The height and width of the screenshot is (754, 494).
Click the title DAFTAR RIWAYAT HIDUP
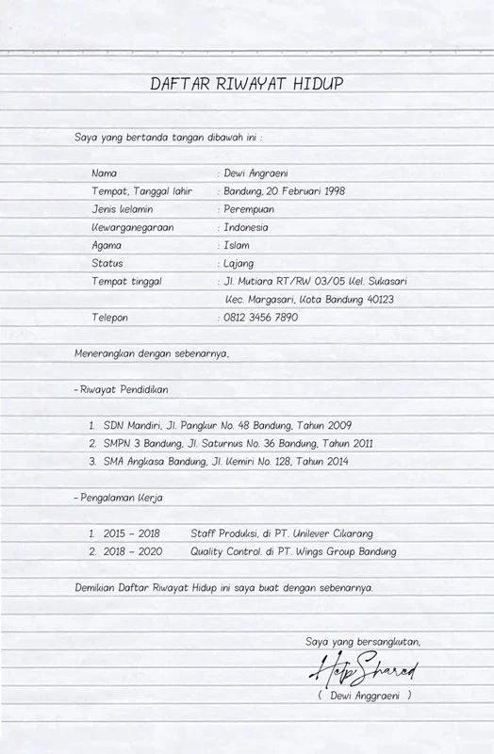[247, 84]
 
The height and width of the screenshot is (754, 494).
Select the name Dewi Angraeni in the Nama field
[255, 173]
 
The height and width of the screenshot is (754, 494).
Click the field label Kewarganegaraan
[132, 227]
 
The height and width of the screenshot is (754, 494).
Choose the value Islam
[236, 245]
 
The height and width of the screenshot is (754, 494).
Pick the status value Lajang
[239, 263]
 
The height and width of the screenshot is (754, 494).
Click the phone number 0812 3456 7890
[260, 318]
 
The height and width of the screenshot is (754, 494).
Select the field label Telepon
[109, 318]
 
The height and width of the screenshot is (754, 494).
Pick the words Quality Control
[225, 551]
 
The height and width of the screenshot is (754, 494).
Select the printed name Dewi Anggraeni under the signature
[365, 696]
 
